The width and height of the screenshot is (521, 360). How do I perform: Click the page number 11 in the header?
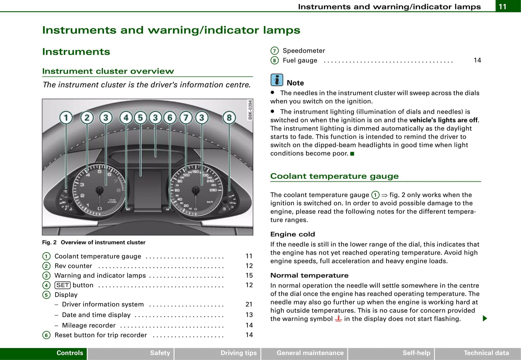[x=503, y=6]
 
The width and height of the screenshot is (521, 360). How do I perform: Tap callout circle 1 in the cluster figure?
[x=66, y=118]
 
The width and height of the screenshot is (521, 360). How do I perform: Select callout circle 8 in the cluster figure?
[x=229, y=118]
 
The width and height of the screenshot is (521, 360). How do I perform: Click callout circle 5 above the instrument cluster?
[x=140, y=118]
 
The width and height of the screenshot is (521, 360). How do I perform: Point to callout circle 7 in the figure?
[x=186, y=118]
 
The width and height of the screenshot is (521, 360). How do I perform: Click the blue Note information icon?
[x=277, y=80]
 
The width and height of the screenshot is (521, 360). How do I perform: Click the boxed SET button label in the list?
[x=62, y=285]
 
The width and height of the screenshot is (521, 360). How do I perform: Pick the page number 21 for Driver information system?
[x=249, y=304]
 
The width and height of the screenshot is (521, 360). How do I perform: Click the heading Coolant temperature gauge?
[x=334, y=176]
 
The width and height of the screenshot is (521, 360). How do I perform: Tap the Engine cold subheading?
[x=292, y=234]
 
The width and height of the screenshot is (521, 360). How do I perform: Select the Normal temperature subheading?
[x=309, y=275]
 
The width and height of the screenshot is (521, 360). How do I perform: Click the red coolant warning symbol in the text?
[x=338, y=319]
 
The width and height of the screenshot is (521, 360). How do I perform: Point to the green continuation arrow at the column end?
[x=485, y=318]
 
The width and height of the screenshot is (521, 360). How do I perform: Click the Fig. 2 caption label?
[x=49, y=242]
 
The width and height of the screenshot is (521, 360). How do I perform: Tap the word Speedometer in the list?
[x=304, y=51]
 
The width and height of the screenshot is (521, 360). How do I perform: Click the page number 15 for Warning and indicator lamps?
[x=249, y=276]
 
